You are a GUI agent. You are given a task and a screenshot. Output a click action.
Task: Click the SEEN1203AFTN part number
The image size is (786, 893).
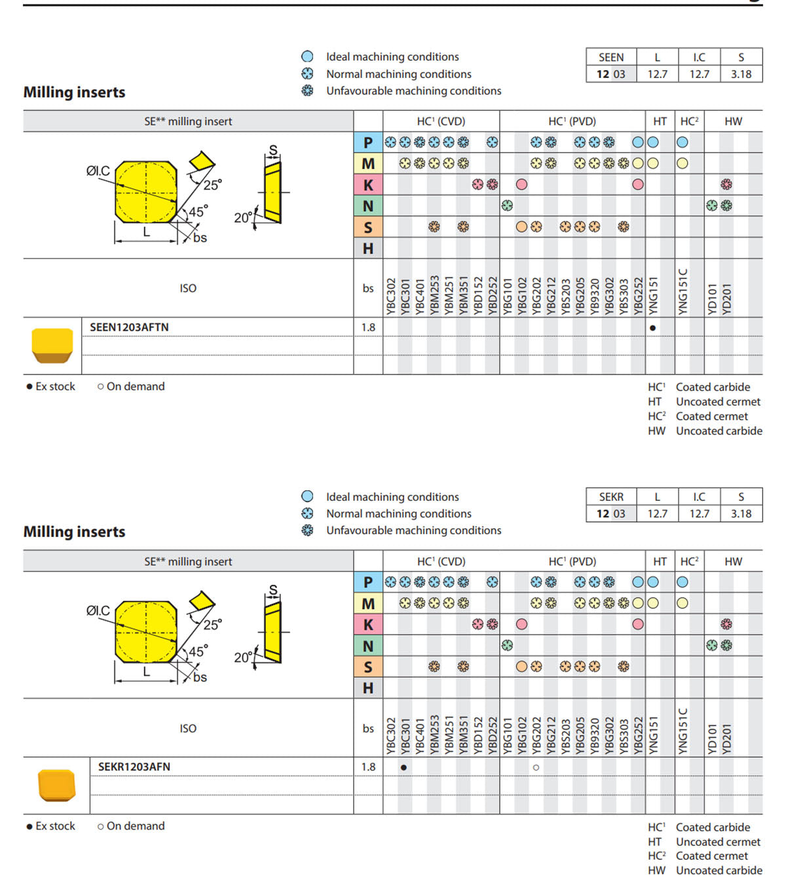point(129,327)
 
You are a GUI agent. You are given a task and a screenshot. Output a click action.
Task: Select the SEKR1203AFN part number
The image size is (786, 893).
point(134,767)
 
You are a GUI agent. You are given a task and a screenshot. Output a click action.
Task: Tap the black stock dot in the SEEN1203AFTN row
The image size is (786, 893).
point(653,328)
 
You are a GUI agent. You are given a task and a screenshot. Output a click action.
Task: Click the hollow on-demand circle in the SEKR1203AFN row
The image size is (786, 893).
point(536,767)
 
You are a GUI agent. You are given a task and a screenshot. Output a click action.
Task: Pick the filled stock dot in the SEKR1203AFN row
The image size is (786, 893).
point(403,767)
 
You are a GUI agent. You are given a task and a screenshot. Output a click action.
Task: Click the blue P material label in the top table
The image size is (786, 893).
point(368,142)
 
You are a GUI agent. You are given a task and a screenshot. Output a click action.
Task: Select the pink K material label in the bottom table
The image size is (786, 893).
point(368,625)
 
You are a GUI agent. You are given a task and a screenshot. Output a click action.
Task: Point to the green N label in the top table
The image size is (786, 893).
point(368,206)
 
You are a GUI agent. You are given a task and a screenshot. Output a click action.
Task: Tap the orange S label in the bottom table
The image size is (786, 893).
point(368,667)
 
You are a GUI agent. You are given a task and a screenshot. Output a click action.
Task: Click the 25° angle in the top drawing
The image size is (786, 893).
point(213,185)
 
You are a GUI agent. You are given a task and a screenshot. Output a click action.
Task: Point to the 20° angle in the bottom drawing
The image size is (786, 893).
point(244,657)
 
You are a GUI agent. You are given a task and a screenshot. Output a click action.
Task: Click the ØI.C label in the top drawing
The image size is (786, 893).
point(98,171)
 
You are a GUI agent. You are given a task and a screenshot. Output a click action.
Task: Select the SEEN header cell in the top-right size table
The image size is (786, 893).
point(611,58)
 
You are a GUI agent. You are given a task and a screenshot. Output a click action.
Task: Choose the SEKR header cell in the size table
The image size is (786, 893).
point(611,497)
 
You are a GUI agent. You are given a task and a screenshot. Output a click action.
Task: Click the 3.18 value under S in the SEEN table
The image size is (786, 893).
point(741,74)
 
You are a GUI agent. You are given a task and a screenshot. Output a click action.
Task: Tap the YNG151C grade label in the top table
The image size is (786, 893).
point(683,292)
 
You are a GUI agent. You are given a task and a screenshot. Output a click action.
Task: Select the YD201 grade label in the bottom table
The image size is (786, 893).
point(726,739)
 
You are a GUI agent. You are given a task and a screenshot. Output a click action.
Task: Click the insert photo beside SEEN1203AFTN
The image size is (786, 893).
point(52,346)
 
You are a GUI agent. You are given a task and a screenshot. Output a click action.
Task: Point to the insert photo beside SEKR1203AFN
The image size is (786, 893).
point(56,785)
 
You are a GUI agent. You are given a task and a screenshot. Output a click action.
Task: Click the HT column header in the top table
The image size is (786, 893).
point(660,121)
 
